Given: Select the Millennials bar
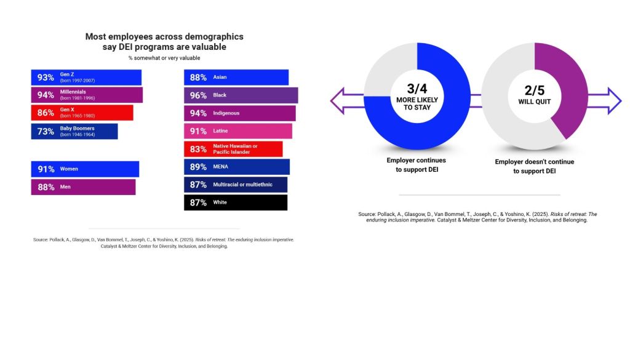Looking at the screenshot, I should (87, 95).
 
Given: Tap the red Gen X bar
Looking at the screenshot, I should (82, 113).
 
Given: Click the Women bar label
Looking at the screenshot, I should (69, 169).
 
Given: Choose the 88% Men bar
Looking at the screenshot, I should (83, 187).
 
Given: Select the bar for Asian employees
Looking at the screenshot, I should (236, 78).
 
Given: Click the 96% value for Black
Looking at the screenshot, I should (198, 95).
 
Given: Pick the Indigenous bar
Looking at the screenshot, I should (239, 113).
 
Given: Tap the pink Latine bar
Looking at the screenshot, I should (237, 131).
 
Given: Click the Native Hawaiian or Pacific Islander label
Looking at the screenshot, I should (235, 149).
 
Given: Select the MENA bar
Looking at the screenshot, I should (236, 167).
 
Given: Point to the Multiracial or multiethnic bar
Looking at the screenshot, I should (236, 185).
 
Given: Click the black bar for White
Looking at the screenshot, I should (236, 202).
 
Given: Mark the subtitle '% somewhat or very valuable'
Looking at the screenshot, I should (164, 58).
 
